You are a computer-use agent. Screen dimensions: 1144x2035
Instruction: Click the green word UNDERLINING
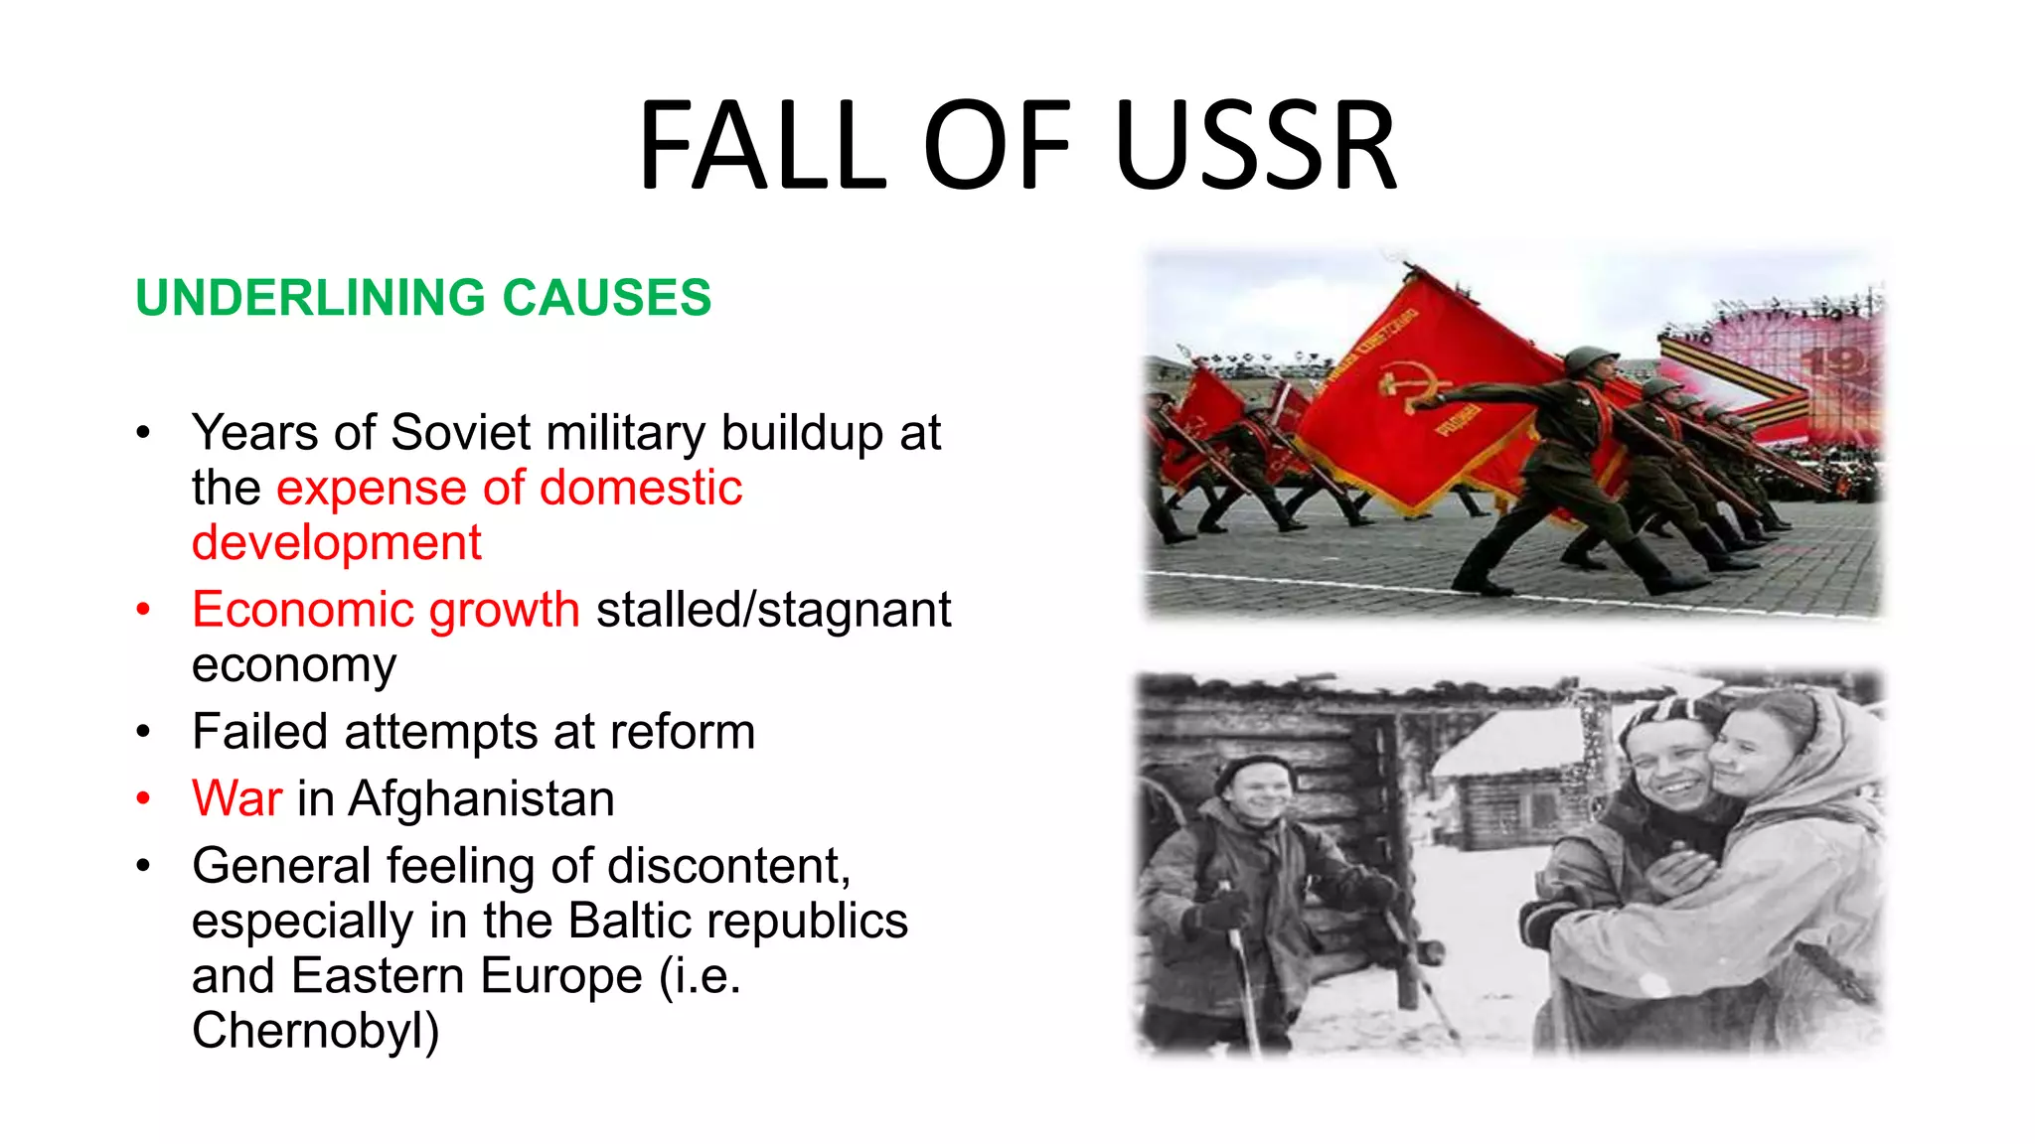pyautogui.click(x=311, y=298)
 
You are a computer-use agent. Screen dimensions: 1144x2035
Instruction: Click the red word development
pyautogui.click(x=336, y=543)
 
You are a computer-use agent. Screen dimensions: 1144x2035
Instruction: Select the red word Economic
pyautogui.click(x=302, y=609)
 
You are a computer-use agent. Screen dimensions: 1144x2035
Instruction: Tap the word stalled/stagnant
pyautogui.click(x=773, y=610)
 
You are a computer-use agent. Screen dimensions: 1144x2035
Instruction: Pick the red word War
pyautogui.click(x=236, y=798)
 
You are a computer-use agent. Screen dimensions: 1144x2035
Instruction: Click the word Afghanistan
pyautogui.click(x=481, y=798)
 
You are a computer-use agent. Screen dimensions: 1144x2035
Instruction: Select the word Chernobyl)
pyautogui.click(x=315, y=1031)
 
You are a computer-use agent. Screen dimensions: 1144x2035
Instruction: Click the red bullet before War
pyautogui.click(x=144, y=798)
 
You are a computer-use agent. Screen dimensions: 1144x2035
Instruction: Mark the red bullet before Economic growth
pyautogui.click(x=144, y=610)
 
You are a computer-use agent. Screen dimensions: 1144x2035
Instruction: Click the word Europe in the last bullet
pyautogui.click(x=561, y=976)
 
